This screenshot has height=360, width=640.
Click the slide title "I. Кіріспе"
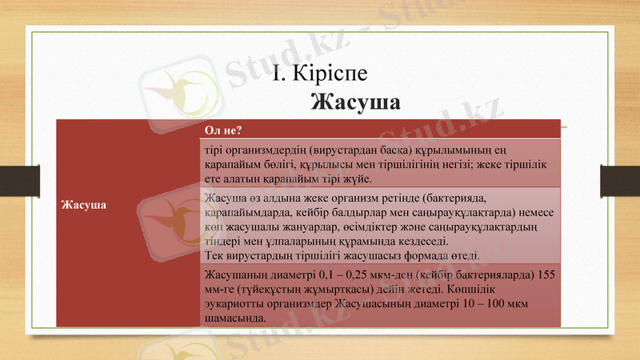[x=318, y=74]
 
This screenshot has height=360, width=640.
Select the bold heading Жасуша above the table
[x=354, y=103]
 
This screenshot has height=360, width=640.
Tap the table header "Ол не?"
[x=224, y=130]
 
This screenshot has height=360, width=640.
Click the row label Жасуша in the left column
[x=85, y=205]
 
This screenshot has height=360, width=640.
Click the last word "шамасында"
[x=234, y=318]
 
